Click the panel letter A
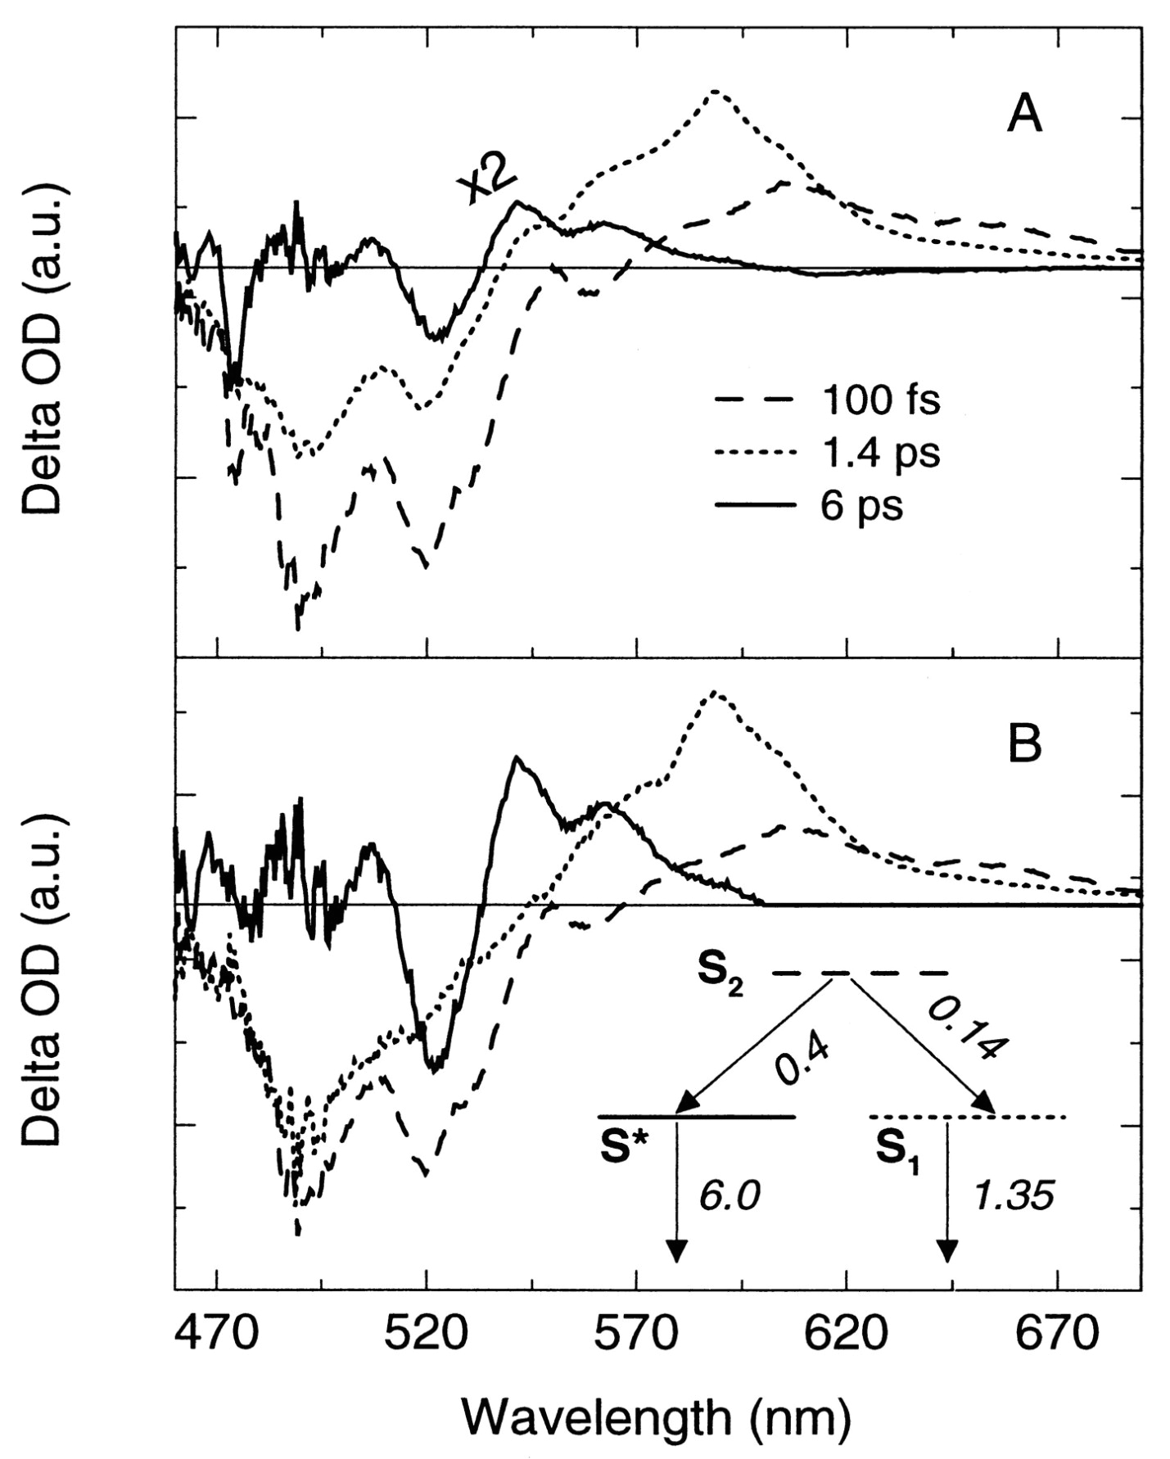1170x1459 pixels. (x=1023, y=115)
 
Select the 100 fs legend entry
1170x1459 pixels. (x=881, y=401)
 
